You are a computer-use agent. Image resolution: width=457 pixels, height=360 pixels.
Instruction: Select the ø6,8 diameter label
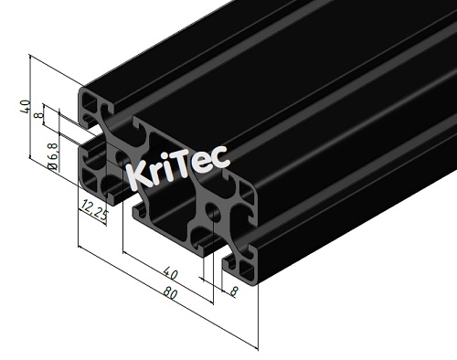pyautogui.click(x=53, y=154)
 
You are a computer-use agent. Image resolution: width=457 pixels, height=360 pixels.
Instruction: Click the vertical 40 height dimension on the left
pyautogui.click(x=27, y=107)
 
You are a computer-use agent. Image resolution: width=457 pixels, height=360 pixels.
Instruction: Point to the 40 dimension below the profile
pyautogui.click(x=170, y=273)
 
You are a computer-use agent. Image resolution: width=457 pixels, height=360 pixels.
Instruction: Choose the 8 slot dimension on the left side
pyautogui.click(x=37, y=116)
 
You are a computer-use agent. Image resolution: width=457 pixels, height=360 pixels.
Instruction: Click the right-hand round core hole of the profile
pyautogui.click(x=213, y=216)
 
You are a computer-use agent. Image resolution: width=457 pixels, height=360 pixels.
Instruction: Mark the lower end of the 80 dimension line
pyautogui.click(x=257, y=348)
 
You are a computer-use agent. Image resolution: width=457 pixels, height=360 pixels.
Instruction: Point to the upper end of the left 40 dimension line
pyautogui.click(x=31, y=57)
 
